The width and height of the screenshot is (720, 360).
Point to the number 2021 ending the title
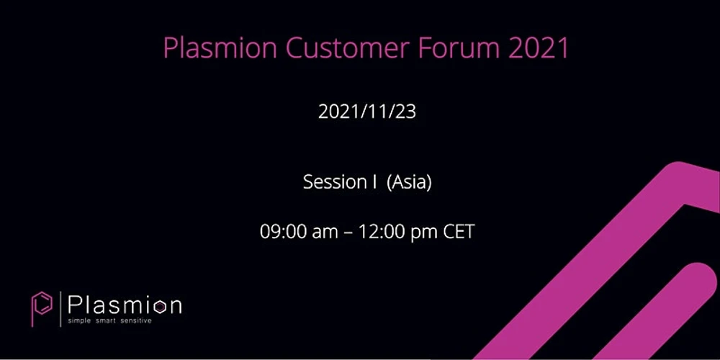coord(538,48)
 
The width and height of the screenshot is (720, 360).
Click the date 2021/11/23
coord(367,112)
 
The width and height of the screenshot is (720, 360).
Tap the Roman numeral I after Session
coord(375,182)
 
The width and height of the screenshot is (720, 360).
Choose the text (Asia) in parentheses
coord(409,183)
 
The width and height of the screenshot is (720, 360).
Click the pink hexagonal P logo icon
coord(42,308)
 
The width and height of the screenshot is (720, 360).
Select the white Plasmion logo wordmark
coord(125,305)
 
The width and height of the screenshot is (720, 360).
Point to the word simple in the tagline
coord(80,321)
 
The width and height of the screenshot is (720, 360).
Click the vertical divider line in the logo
coord(60,308)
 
